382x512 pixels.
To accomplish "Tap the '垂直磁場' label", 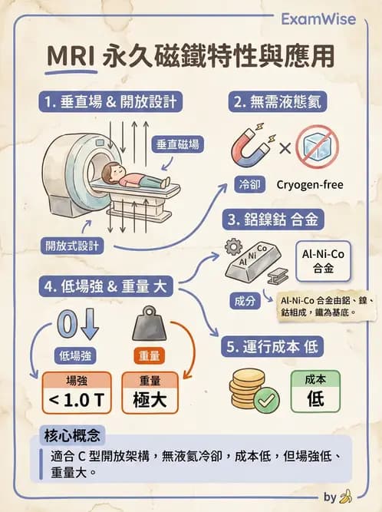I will click(x=181, y=144).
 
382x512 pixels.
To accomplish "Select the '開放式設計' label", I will click(x=71, y=246).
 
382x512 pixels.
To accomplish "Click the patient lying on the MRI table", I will click(x=135, y=179).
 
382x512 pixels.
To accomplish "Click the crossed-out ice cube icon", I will click(x=317, y=147).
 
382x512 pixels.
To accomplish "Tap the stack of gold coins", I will click(x=246, y=389).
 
